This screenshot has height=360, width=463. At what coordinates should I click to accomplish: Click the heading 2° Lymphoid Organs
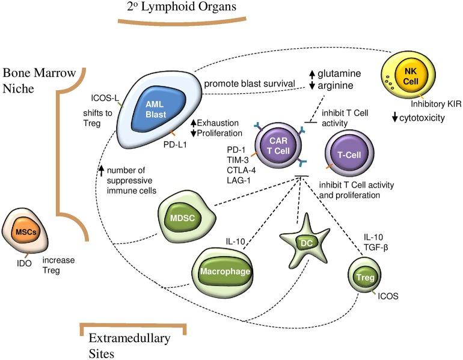click(179, 7)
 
